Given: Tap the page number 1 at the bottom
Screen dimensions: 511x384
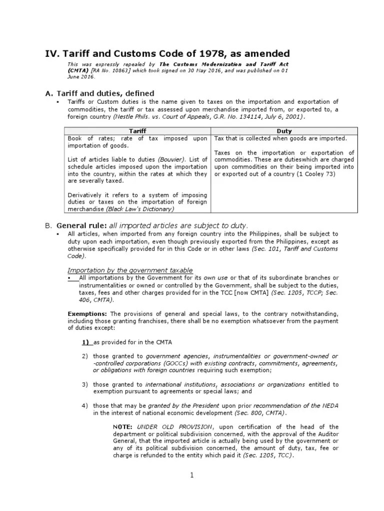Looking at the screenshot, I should [191, 475].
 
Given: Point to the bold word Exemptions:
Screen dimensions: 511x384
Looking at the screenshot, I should [87, 314].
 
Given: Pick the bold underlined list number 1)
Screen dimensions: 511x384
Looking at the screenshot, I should [86, 342].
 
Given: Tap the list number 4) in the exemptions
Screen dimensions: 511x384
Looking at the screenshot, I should [85, 406].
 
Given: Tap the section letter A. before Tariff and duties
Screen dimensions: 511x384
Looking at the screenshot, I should [48, 93].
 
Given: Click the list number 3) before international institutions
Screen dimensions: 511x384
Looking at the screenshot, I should [85, 384].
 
